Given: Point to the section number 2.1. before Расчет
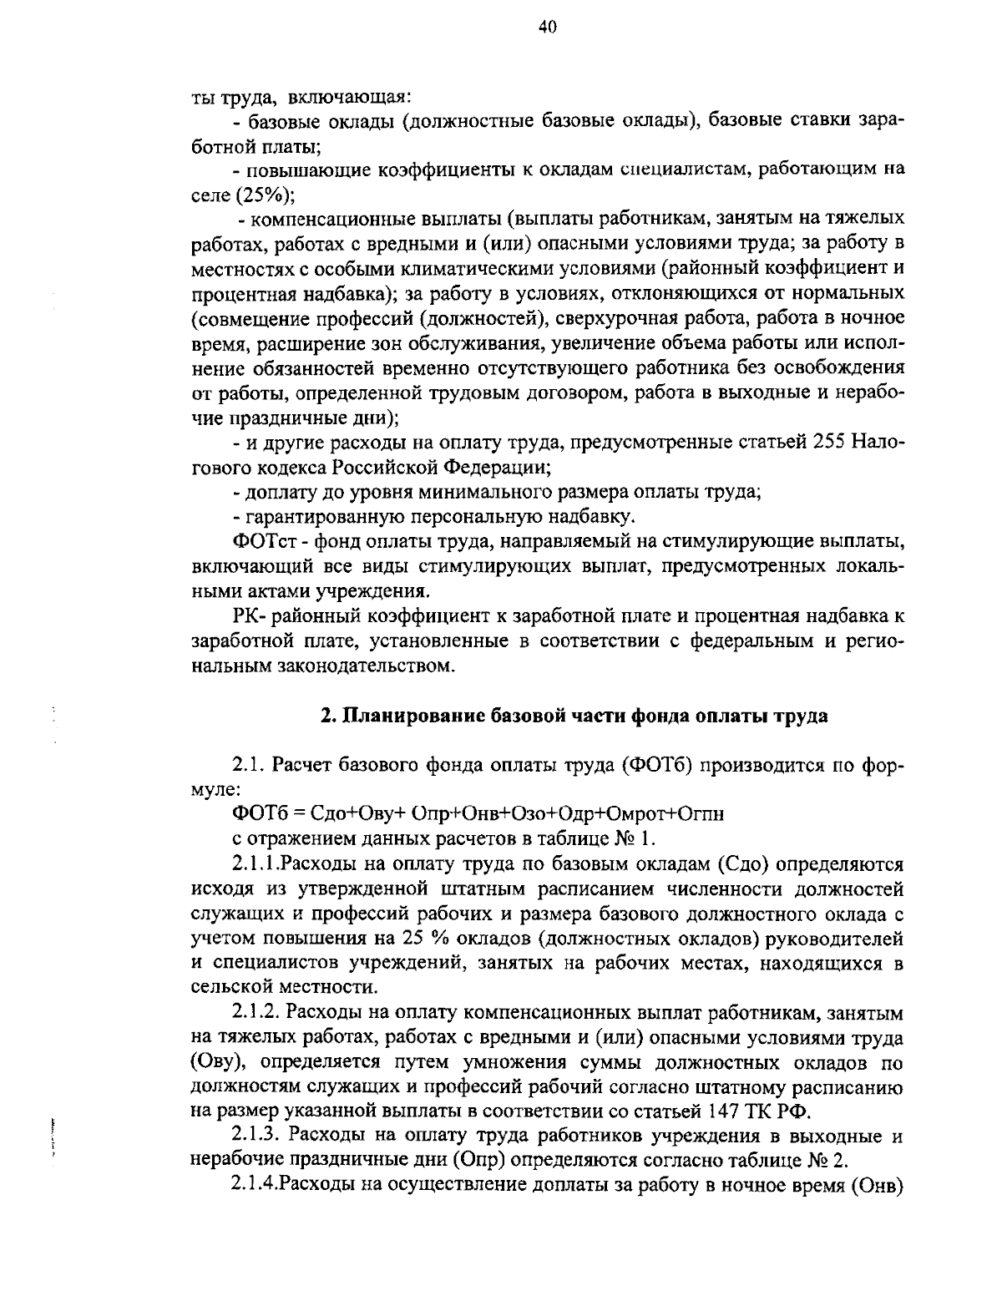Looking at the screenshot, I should tap(249, 766).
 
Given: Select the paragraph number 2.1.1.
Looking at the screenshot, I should tap(256, 863).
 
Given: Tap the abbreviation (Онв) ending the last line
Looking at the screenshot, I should tap(878, 1186).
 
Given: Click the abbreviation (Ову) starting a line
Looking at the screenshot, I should tap(220, 1062).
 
